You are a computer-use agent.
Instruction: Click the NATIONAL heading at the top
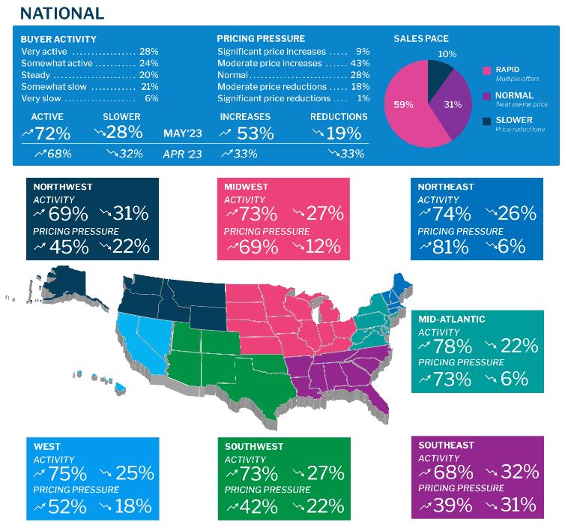61,13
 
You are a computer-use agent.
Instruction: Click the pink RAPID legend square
488,70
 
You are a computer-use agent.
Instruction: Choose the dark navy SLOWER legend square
488,121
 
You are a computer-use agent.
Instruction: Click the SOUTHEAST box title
446,445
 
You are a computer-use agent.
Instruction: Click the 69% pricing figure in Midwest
250,245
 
